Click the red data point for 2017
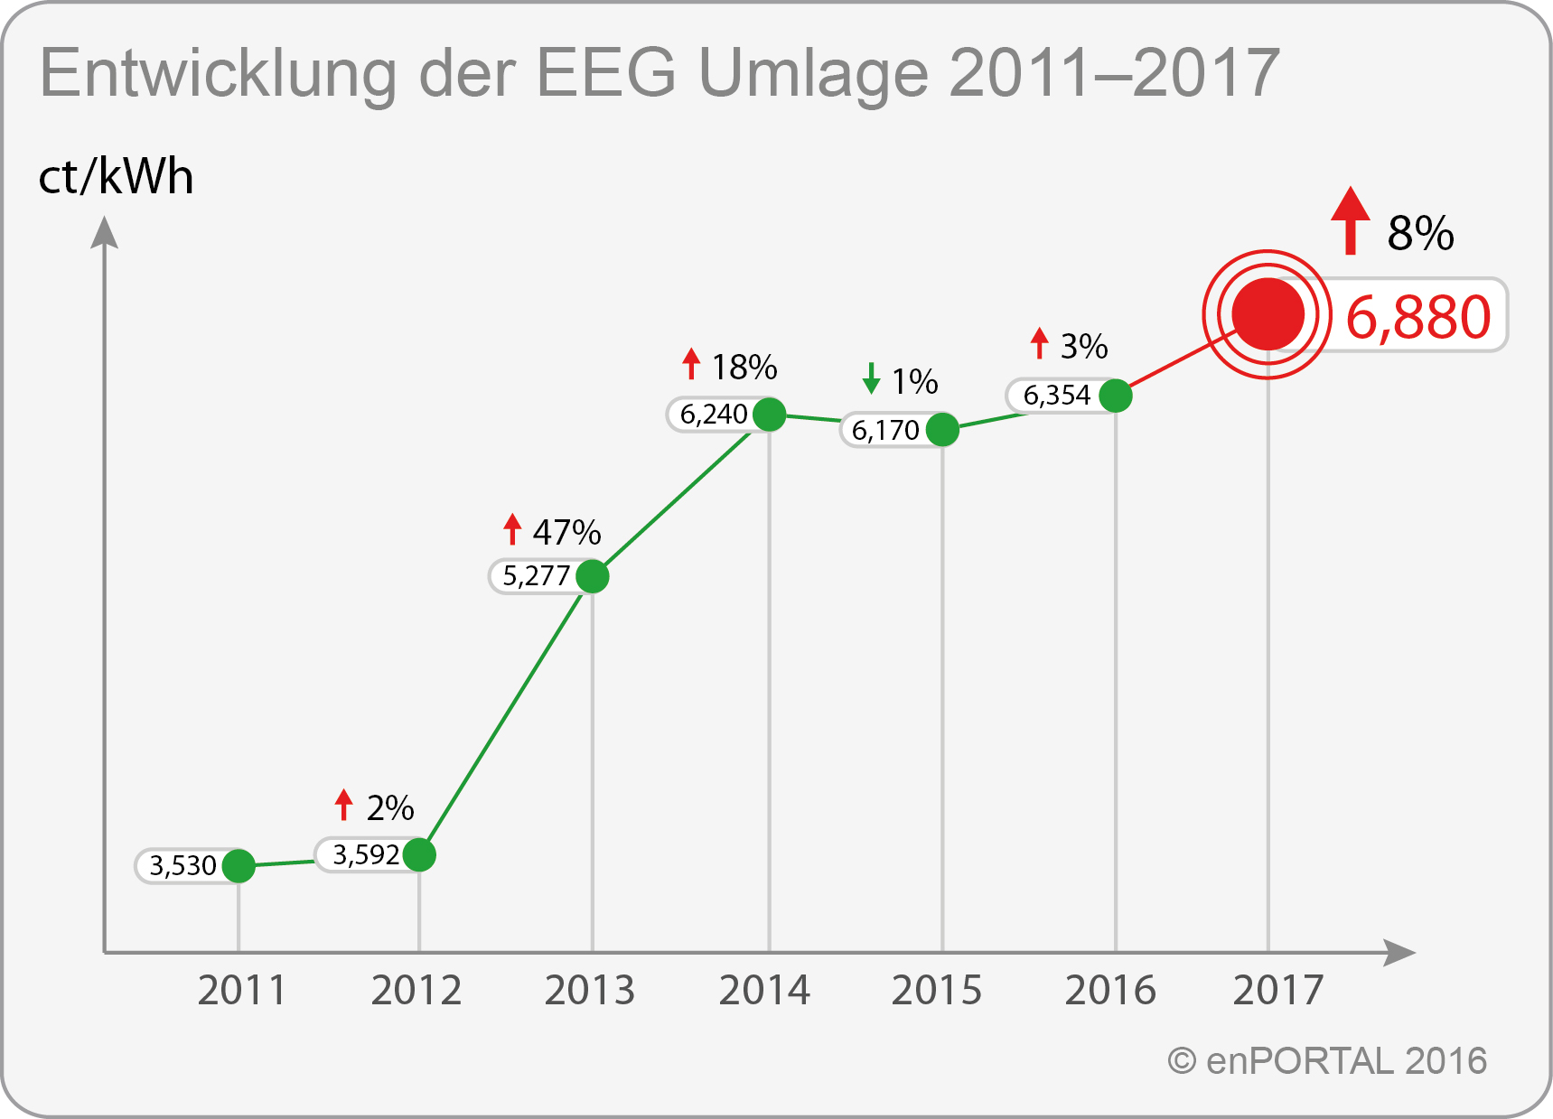1268,314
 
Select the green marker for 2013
592,576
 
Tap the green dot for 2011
239,865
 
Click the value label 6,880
1417,317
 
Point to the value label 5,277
537,576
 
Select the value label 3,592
366,854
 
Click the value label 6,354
1057,396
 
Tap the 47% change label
566,533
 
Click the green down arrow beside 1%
871,378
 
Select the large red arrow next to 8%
1351,220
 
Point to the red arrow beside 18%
691,364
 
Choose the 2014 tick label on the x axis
764,991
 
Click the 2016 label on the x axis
1110,991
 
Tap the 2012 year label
416,991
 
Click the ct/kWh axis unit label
116,177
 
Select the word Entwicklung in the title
218,74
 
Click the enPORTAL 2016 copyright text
1328,1061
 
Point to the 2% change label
390,808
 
